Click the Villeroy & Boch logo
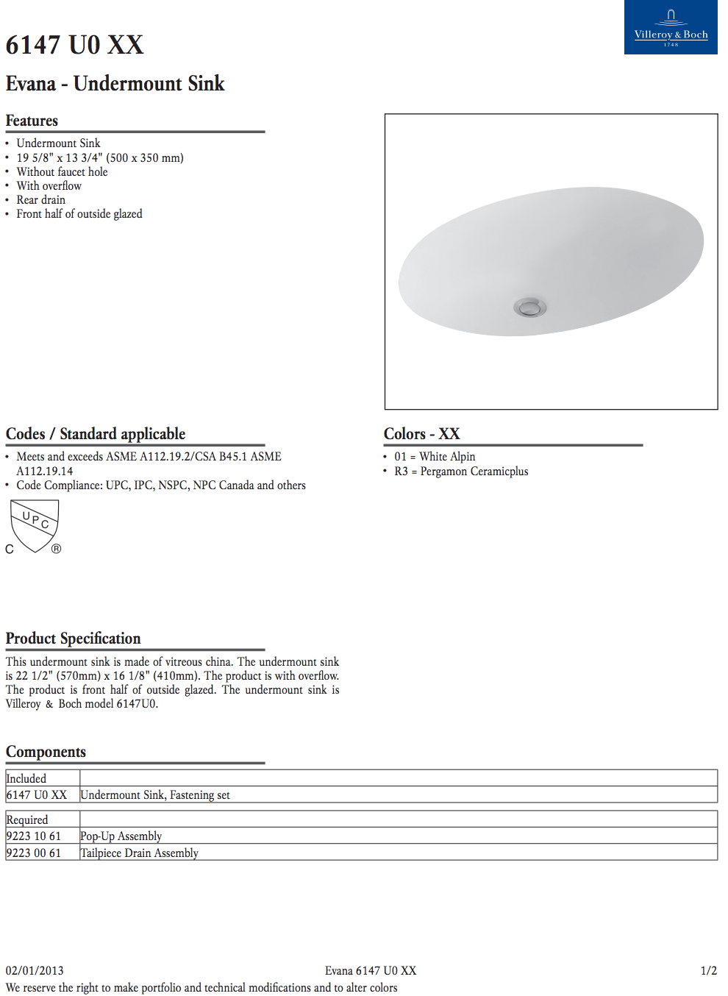point(671,27)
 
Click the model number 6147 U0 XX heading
point(74,45)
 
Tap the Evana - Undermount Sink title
point(115,84)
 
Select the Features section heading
point(32,121)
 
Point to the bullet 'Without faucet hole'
point(62,172)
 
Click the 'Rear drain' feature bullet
point(41,200)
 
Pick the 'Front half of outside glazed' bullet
point(79,214)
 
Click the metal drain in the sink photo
point(529,307)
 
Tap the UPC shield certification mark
point(35,525)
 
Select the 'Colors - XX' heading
point(421,434)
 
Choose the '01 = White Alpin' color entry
point(435,457)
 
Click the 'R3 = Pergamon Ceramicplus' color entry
point(461,472)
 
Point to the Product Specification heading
point(73,638)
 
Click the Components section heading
point(46,752)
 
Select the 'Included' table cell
point(26,778)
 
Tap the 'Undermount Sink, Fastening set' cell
point(155,795)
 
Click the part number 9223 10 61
point(34,836)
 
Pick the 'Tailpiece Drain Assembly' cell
point(139,853)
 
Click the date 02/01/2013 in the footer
point(35,971)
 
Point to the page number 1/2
point(708,971)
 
